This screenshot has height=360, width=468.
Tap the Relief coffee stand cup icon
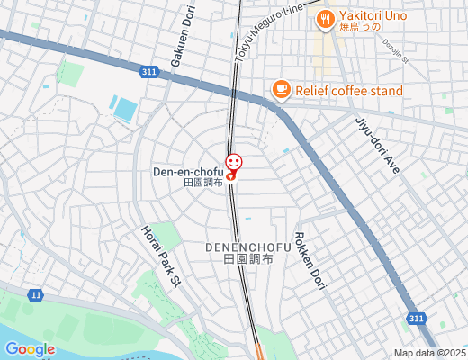(x=282, y=89)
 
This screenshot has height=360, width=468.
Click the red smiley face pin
(x=234, y=162)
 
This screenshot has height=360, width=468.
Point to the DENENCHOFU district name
(x=247, y=247)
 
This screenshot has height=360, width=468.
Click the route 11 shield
(x=35, y=294)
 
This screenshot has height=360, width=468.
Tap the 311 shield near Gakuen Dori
(x=150, y=70)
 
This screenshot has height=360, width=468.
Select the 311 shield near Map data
(x=416, y=319)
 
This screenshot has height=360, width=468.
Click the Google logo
(x=30, y=349)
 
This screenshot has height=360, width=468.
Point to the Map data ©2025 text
(x=429, y=353)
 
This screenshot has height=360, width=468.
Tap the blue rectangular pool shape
(x=124, y=109)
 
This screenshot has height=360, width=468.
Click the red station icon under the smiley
(x=231, y=176)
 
